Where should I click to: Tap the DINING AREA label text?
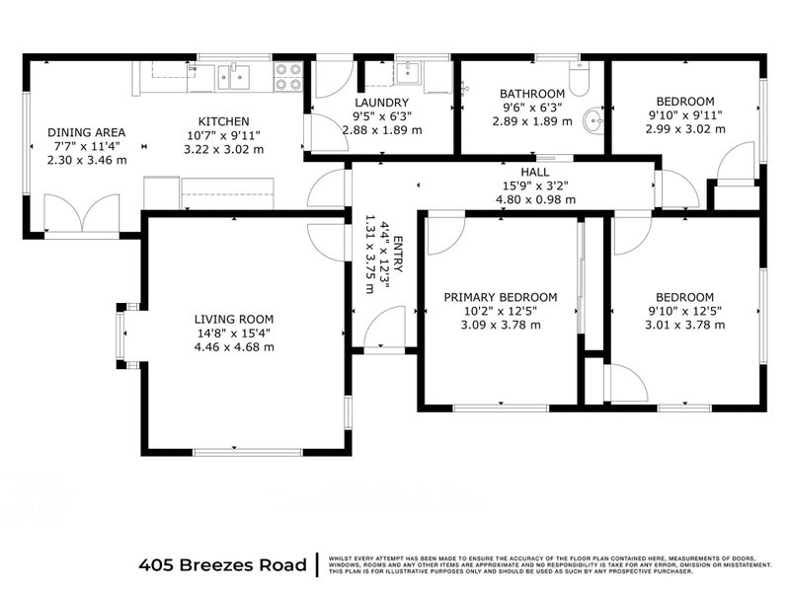pos(87,132)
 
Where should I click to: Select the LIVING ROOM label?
pos(234,319)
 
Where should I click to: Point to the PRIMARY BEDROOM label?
pos(500,297)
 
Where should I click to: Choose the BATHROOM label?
pos(531,94)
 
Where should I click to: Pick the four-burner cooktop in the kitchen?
pos(287,77)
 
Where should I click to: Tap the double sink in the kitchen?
pos(233,77)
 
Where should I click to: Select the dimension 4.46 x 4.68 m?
pos(234,346)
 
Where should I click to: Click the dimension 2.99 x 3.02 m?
pos(684,128)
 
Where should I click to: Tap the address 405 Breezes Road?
pos(222,565)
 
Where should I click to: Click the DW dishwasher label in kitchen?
pos(193,69)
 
